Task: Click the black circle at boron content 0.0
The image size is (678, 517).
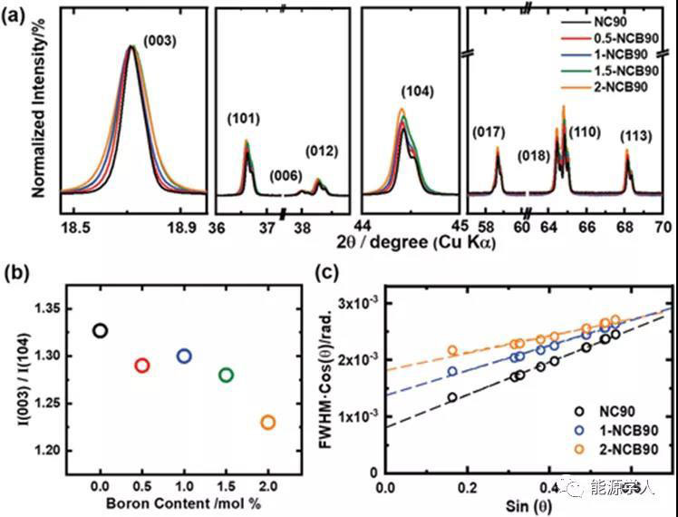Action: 101,330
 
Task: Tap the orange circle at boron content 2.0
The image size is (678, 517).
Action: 267,422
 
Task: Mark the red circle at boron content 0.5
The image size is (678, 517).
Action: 141,366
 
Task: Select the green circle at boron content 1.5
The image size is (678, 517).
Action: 226,375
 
